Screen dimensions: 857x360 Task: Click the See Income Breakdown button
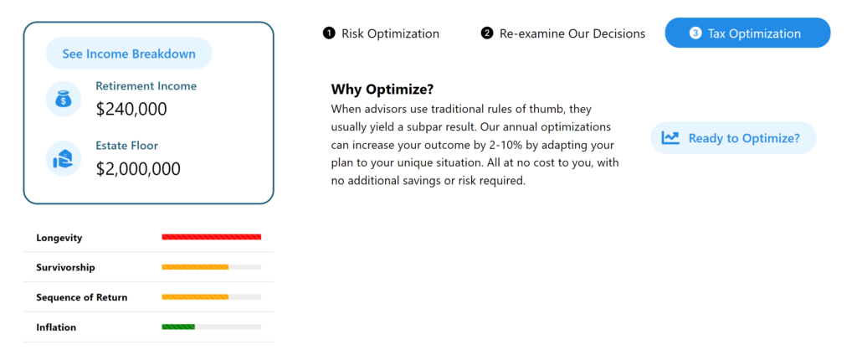point(129,54)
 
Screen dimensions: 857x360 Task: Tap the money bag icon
point(64,99)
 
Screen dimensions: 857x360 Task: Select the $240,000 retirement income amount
point(131,109)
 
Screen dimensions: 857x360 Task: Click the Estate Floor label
point(127,146)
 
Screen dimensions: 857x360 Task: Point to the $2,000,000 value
point(138,169)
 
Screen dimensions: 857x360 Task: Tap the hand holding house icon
point(64,159)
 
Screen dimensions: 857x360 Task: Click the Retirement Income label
point(146,86)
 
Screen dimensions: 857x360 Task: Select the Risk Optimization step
point(381,33)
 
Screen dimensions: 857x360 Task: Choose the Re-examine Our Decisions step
point(563,33)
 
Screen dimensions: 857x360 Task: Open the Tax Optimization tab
point(747,33)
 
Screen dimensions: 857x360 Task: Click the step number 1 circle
point(328,33)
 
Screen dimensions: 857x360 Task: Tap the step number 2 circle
point(486,33)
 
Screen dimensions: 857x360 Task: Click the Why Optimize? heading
point(382,90)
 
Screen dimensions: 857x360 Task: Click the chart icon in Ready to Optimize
point(670,138)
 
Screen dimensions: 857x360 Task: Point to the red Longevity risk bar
point(212,237)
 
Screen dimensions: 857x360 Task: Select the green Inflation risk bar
point(178,327)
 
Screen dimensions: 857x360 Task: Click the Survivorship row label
point(65,268)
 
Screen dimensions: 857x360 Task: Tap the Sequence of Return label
point(81,298)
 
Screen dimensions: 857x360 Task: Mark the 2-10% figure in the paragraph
point(508,147)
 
